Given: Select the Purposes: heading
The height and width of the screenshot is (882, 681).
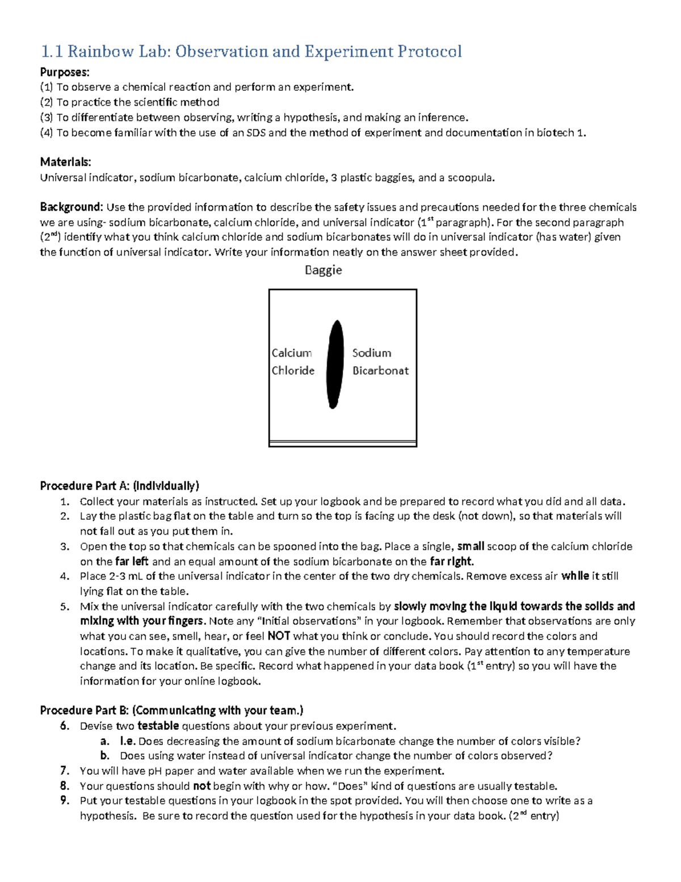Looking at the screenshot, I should (64, 72).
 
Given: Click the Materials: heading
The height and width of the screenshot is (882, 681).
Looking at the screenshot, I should (65, 162).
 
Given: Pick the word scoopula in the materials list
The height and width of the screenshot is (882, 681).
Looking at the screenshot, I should (470, 178).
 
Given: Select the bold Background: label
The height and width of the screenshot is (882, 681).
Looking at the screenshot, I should (71, 207).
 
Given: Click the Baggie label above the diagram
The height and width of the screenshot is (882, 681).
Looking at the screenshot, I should (323, 270).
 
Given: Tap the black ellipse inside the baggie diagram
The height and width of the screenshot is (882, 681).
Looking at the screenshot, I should (335, 364).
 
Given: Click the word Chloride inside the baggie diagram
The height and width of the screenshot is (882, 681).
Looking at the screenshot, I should (293, 370).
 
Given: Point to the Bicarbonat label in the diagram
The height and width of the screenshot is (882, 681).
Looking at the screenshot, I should (380, 370).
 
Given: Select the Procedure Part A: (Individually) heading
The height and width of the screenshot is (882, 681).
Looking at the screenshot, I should (119, 486).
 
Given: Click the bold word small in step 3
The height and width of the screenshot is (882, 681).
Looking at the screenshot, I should (470, 546).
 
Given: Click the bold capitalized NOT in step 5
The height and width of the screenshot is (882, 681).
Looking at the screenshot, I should (279, 636).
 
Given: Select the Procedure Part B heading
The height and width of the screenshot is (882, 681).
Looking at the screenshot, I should (171, 710).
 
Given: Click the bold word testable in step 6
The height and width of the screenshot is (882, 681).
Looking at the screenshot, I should (158, 726).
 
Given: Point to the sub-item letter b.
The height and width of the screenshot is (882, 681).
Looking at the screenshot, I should (104, 756).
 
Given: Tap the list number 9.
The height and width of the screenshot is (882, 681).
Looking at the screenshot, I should (64, 801).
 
